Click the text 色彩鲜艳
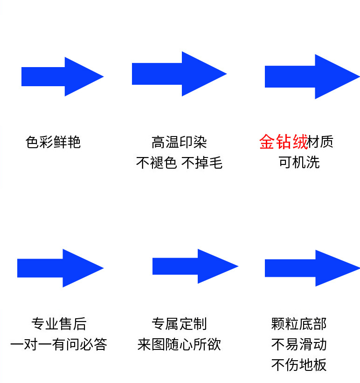pyautogui.click(x=53, y=142)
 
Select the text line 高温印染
pyautogui.click(x=179, y=142)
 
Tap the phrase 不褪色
pyautogui.click(x=156, y=163)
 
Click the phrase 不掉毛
pyautogui.click(x=202, y=163)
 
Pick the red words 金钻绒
pyautogui.click(x=283, y=142)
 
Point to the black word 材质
pyautogui.click(x=321, y=142)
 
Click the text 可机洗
pyautogui.click(x=299, y=163)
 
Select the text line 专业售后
pyautogui.click(x=59, y=323)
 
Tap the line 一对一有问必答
pyautogui.click(x=59, y=344)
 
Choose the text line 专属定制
pyautogui.click(x=179, y=323)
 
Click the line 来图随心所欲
pyautogui.click(x=179, y=344)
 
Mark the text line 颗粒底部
pyautogui.click(x=299, y=323)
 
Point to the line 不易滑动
pyautogui.click(x=299, y=344)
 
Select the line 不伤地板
pyautogui.click(x=299, y=365)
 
